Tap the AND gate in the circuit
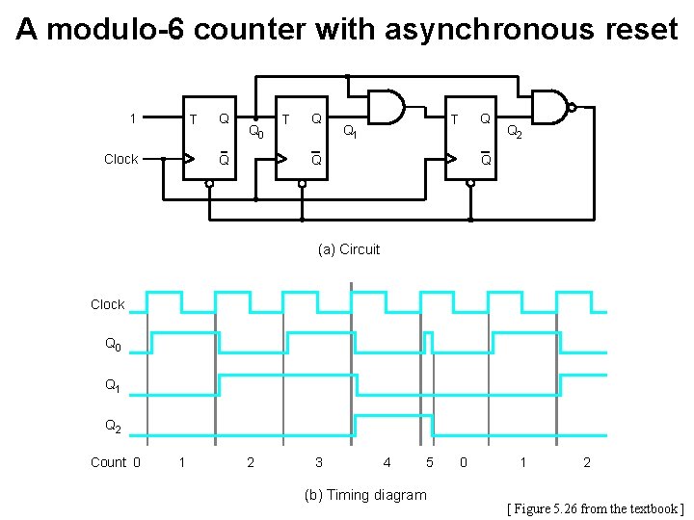[388, 108]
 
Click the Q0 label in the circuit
[256, 132]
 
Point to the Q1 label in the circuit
[352, 132]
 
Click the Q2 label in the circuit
[515, 132]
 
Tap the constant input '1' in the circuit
[133, 119]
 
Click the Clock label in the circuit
[120, 159]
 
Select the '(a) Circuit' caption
[349, 249]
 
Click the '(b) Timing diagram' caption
[364, 495]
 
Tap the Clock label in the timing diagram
[107, 304]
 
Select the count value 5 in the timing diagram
[429, 462]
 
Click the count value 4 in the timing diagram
[387, 462]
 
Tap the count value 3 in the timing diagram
[318, 462]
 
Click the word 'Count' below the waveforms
[108, 462]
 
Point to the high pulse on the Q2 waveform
[392, 416]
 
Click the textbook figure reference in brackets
[595, 508]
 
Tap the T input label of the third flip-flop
[454, 119]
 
